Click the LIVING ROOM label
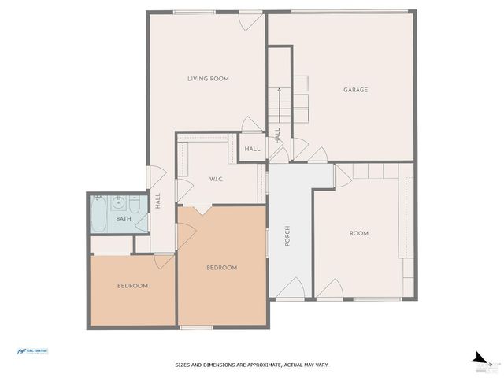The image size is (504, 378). pyautogui.click(x=208, y=78)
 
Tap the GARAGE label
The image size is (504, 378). pyautogui.click(x=355, y=90)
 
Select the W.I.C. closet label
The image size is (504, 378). pyautogui.click(x=217, y=180)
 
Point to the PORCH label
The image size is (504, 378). pyautogui.click(x=288, y=236)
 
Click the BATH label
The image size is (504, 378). pyautogui.click(x=124, y=218)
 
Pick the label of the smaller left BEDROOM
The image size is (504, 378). pyautogui.click(x=132, y=285)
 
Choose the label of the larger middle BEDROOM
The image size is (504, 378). pyautogui.click(x=221, y=268)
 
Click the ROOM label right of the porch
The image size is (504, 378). pyautogui.click(x=359, y=233)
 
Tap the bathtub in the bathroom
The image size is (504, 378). pyautogui.click(x=98, y=214)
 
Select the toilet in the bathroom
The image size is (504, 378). pyautogui.click(x=134, y=205)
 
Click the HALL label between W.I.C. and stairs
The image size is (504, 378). pyautogui.click(x=252, y=149)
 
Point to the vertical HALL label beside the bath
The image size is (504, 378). pyautogui.click(x=157, y=201)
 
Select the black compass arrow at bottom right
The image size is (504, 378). pyautogui.click(x=475, y=357)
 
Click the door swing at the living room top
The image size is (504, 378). pyautogui.click(x=250, y=20)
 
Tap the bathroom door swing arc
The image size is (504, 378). pyautogui.click(x=142, y=223)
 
